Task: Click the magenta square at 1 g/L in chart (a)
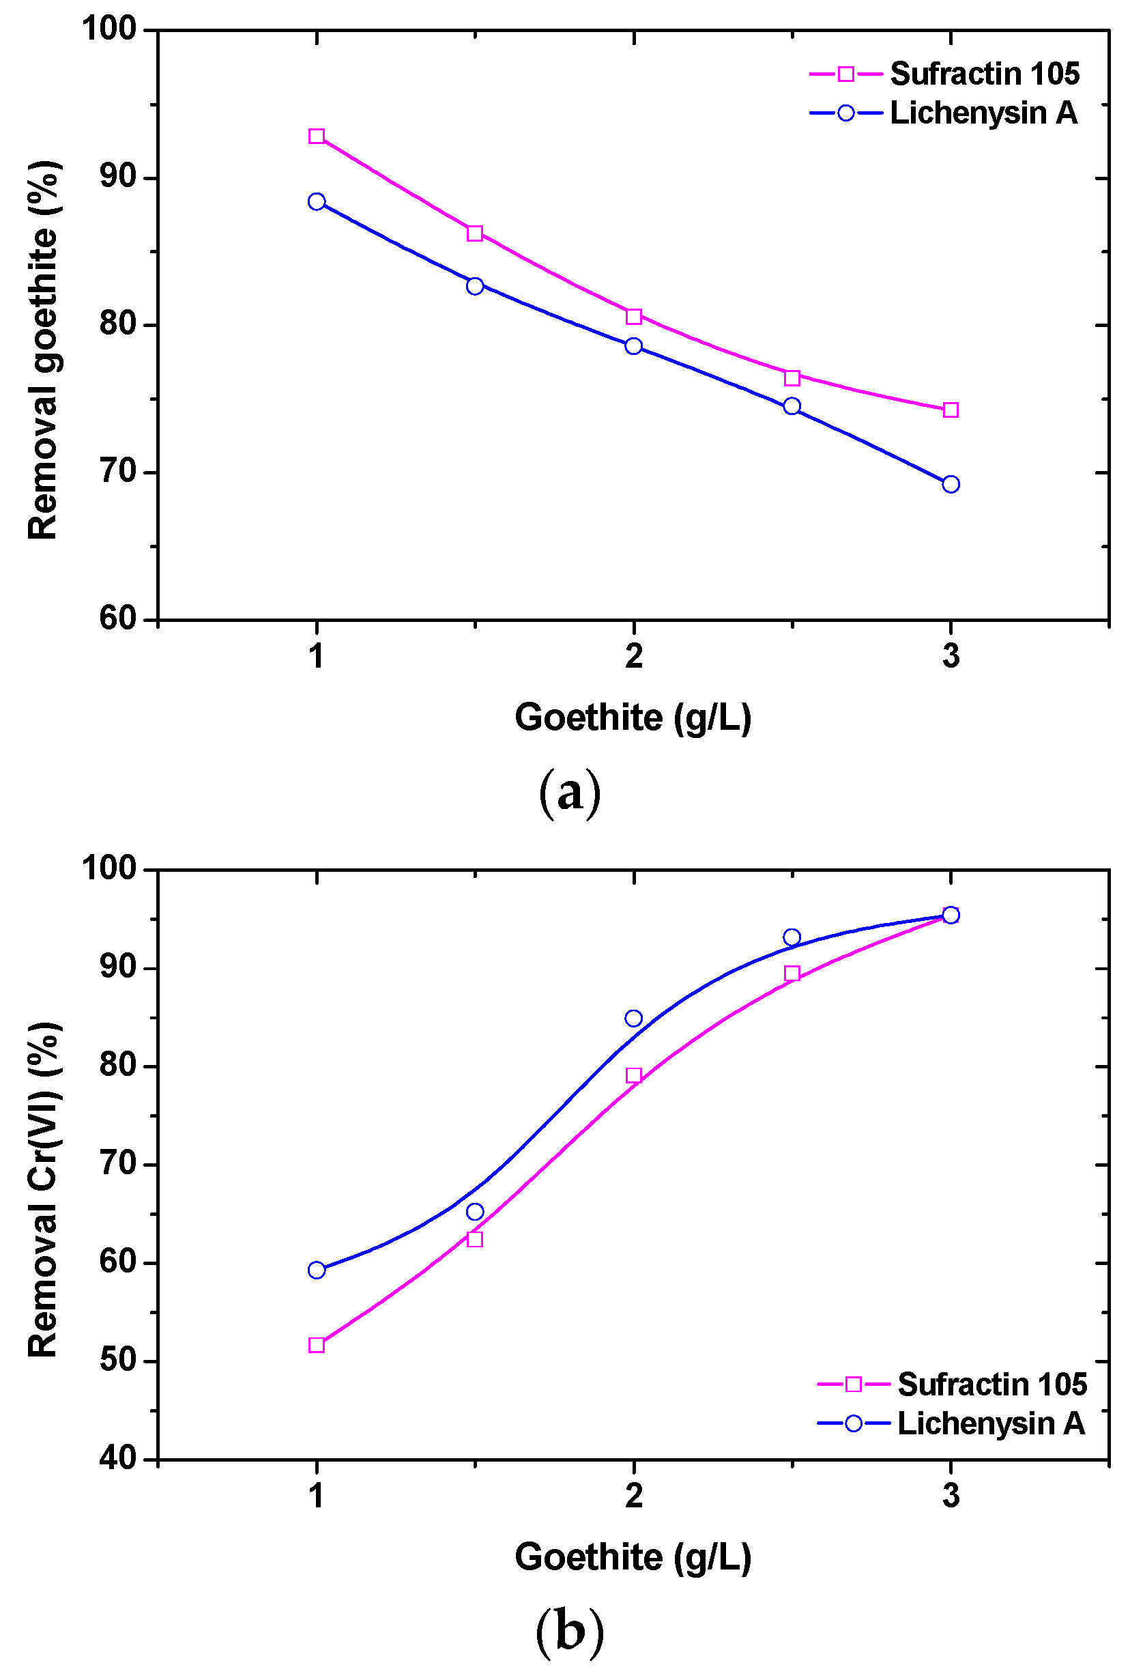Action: pos(317,137)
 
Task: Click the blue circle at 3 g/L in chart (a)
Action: pos(951,485)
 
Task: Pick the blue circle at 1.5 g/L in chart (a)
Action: pos(475,286)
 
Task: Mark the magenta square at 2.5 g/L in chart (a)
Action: pos(792,378)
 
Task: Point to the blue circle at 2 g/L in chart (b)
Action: pos(633,1019)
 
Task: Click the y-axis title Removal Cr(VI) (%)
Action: pos(43,1189)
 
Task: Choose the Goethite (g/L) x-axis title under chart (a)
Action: pos(633,718)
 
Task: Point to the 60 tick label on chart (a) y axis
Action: pos(118,619)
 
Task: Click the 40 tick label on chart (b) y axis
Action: pos(118,1458)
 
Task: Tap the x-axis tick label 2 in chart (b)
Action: pos(633,1496)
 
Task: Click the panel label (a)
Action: pos(569,793)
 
